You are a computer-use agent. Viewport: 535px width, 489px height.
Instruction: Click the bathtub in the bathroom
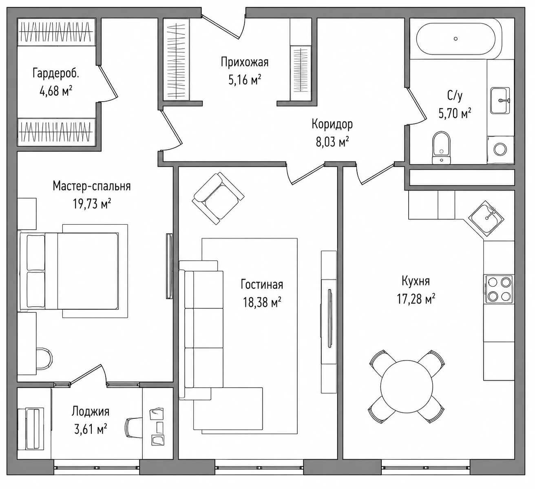coord(455,39)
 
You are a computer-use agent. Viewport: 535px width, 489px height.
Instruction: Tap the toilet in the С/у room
coord(441,148)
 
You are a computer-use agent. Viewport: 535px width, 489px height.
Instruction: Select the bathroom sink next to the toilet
coord(500,101)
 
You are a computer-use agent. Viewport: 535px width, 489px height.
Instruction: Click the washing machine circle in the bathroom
coord(500,150)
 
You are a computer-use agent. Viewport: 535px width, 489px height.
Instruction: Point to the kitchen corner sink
coord(486,219)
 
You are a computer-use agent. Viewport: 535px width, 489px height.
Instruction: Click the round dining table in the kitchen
coord(407,387)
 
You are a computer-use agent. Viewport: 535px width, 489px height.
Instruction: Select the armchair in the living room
coord(218,198)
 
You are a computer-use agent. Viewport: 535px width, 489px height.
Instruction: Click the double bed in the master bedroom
coord(73,271)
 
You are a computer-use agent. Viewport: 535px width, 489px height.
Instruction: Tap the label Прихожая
coord(245,62)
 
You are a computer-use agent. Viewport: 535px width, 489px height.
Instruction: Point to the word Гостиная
coord(262,284)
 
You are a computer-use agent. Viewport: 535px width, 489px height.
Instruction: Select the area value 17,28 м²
coord(416,299)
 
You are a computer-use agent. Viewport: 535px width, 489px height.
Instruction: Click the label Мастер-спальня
coord(92,186)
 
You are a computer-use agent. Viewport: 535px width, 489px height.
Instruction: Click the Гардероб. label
coord(56,73)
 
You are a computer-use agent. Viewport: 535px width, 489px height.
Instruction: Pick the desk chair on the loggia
coord(134,427)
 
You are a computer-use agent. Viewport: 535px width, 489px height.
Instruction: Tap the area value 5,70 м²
coord(455,113)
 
